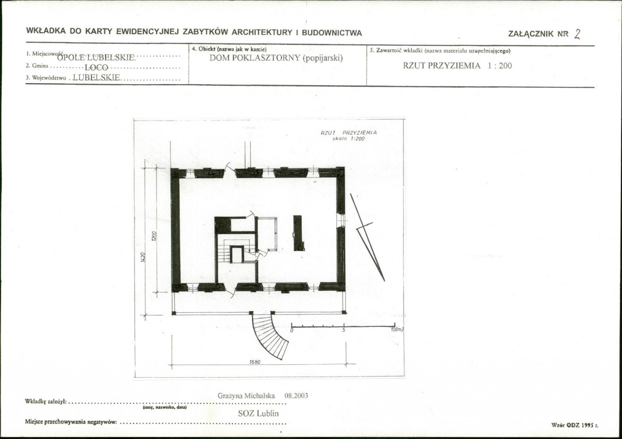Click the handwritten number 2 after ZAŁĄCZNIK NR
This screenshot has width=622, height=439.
(577, 34)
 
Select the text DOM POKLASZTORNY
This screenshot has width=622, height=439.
(255, 58)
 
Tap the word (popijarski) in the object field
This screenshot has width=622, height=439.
(322, 58)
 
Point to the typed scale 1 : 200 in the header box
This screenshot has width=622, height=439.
(500, 65)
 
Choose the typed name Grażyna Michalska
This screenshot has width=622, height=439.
(246, 396)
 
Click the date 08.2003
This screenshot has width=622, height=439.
(296, 396)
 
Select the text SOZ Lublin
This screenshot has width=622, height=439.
(258, 413)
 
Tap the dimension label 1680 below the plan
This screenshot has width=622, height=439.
(255, 362)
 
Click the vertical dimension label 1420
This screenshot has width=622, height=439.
(143, 257)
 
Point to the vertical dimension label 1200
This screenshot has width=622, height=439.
(154, 236)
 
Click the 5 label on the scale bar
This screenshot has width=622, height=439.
(344, 330)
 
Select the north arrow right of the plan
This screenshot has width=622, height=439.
(367, 237)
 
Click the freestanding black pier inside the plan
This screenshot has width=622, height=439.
(299, 233)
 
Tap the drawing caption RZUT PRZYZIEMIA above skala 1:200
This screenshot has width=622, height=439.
(349, 132)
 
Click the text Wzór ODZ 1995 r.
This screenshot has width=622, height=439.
(575, 425)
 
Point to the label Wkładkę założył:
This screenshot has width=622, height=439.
(46, 401)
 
